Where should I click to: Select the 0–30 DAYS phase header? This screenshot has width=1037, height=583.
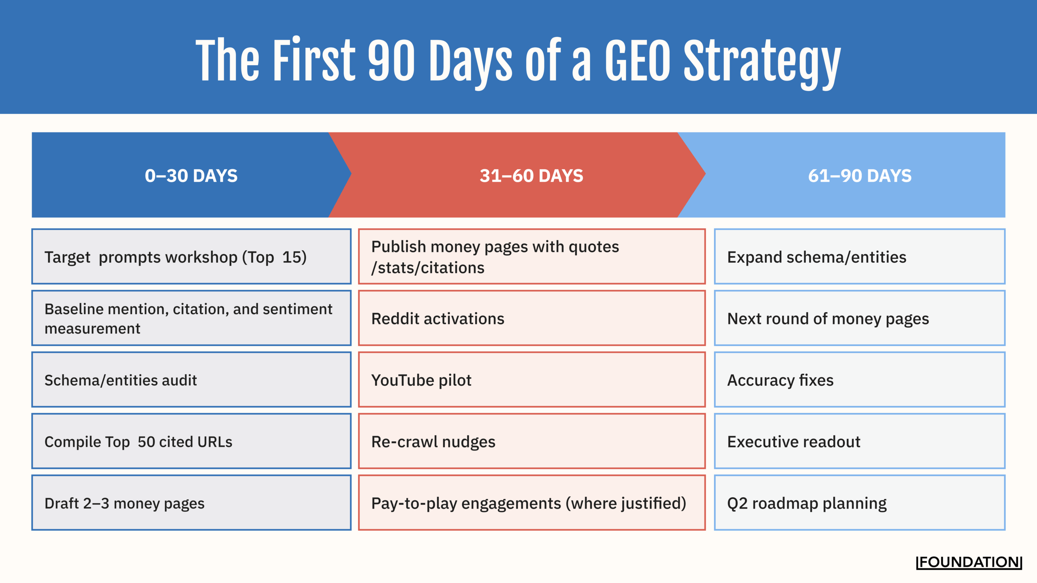(191, 176)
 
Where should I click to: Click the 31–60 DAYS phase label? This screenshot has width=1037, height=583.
(531, 176)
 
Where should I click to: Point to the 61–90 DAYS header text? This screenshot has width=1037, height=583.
(860, 176)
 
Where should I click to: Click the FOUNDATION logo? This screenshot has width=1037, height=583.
(969, 562)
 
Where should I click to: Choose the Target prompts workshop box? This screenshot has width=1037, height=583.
(191, 257)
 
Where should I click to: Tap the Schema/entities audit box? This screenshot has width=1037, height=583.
(191, 380)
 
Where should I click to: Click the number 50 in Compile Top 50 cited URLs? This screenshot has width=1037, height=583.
(146, 442)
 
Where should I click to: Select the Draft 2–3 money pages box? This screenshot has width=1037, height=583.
(191, 503)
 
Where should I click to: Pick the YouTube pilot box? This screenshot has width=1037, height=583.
(531, 380)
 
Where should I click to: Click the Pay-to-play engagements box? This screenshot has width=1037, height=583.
(531, 503)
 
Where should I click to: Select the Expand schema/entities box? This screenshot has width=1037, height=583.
(860, 257)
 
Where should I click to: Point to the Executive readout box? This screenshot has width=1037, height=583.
(860, 441)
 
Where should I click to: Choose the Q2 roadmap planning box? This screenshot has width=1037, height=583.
(860, 503)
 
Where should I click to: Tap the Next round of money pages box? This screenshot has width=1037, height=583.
(860, 319)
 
